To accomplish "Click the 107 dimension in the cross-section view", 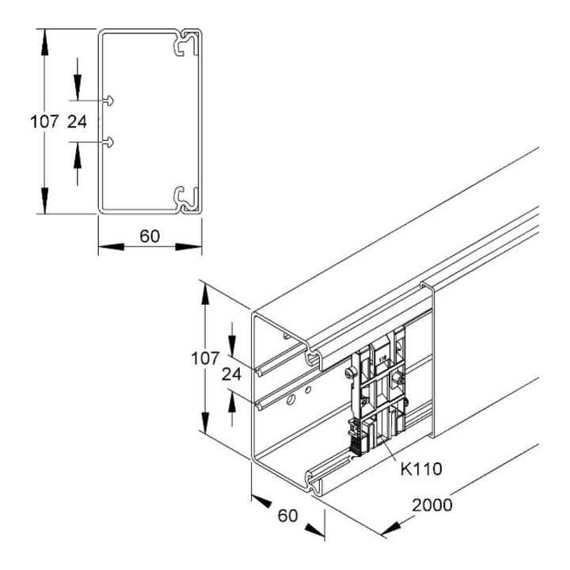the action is click(x=44, y=121).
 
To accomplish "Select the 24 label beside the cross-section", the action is click(x=77, y=121).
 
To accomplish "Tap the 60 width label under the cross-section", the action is click(x=150, y=236).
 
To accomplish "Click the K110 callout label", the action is click(x=421, y=469).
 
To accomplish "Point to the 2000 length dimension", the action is click(x=432, y=505).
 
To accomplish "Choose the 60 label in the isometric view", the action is click(x=287, y=515).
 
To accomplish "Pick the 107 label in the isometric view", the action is click(x=205, y=359).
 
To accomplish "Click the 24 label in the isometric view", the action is click(x=231, y=374).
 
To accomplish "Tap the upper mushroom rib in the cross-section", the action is click(x=108, y=101).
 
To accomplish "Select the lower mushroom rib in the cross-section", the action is click(x=108, y=142).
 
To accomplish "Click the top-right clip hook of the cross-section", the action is click(x=186, y=43).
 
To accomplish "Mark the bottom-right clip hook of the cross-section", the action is click(x=186, y=199).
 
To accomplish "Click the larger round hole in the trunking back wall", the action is click(x=291, y=401).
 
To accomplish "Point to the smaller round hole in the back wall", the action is click(x=307, y=390).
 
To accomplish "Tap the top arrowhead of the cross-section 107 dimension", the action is click(x=44, y=42).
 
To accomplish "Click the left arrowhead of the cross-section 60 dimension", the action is click(x=112, y=247).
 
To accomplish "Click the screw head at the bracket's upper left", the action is click(x=350, y=373).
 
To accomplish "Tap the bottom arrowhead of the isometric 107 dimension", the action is click(x=205, y=421).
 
